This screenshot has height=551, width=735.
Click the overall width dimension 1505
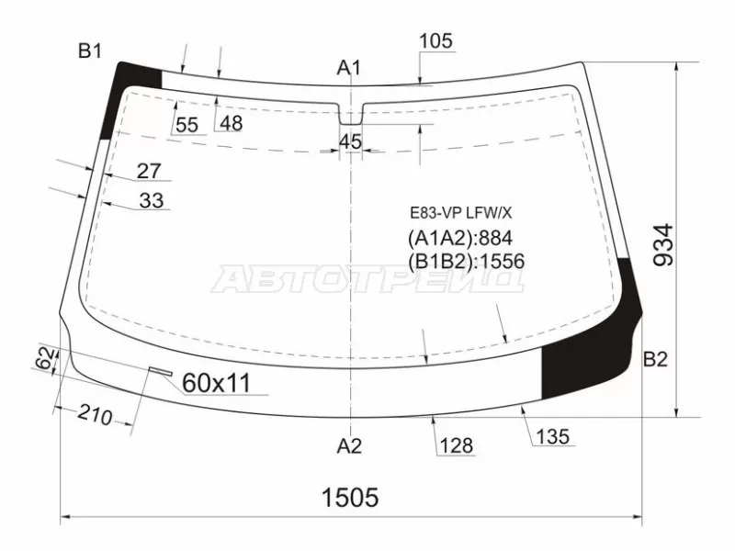350,497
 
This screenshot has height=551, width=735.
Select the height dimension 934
663,245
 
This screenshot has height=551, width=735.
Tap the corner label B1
89,51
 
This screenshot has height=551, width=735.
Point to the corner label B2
655,359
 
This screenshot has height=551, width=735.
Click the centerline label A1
349,68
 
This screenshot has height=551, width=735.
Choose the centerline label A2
349,446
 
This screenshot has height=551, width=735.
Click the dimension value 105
435,41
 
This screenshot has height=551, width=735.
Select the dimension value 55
187,125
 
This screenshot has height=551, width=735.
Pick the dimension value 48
232,123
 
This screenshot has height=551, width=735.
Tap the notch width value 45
351,141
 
